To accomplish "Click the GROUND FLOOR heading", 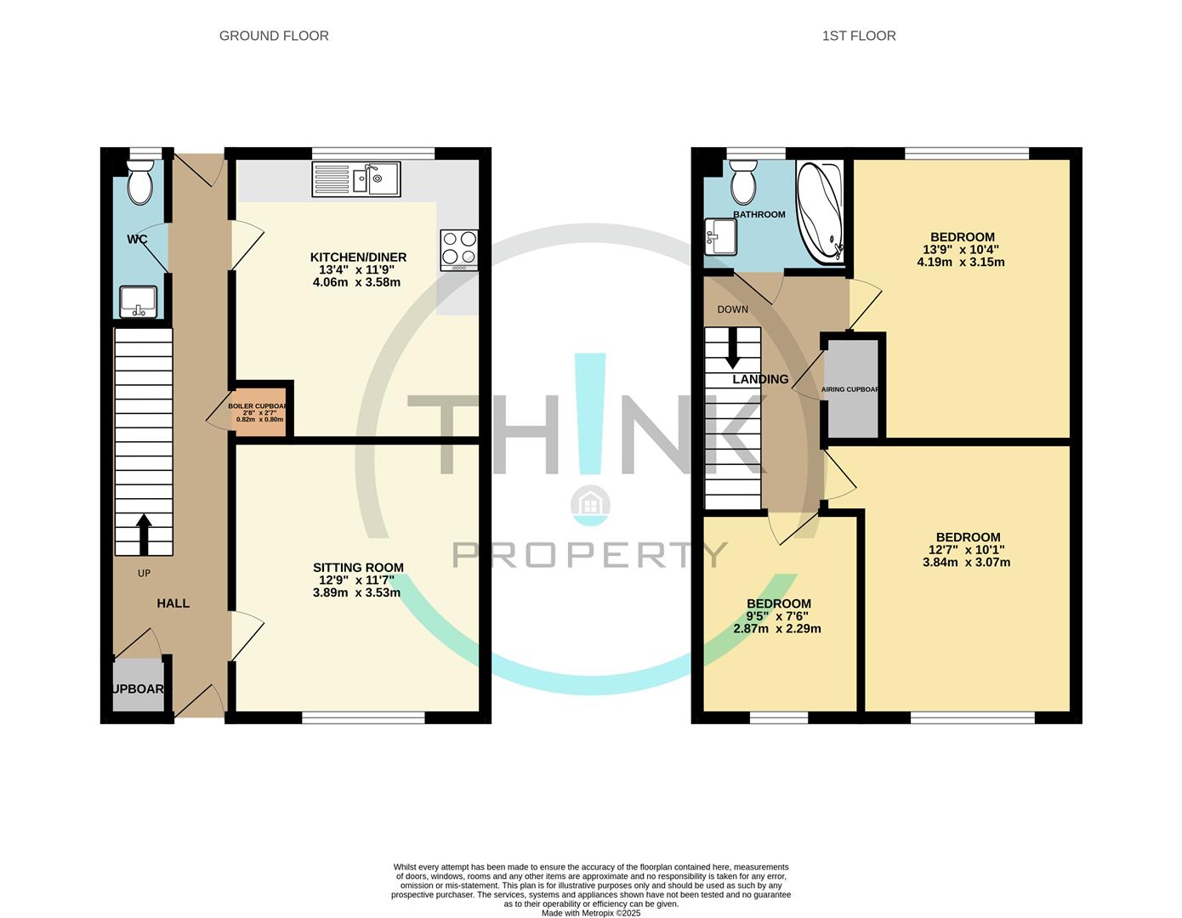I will (274, 36).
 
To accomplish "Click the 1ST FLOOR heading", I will (859, 36).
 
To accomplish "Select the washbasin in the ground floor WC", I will (138, 302).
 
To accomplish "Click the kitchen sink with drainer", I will (356, 179).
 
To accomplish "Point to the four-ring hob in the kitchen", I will (459, 251).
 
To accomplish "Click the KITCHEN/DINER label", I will (358, 258).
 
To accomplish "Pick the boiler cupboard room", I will (260, 413).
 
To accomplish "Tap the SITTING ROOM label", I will (358, 568).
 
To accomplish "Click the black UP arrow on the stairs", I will (144, 534).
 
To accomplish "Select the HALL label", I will (173, 603).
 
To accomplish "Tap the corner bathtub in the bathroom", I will (820, 211).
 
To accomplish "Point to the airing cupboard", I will (853, 389).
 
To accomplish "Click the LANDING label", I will (760, 380).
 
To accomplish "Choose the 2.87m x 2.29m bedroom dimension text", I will (777, 629).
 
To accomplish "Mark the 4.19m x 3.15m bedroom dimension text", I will (961, 262).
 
